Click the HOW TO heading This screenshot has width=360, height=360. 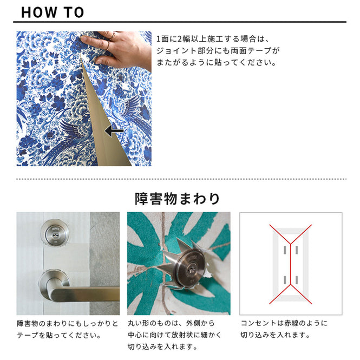53,12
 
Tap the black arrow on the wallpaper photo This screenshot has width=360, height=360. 114,131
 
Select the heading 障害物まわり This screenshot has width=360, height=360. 177,199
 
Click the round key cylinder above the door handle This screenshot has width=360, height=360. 55,234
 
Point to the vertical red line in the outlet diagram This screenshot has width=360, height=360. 291,264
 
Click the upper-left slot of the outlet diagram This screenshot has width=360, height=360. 285,250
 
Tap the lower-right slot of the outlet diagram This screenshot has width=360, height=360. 297,280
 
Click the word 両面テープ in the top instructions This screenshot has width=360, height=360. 251,51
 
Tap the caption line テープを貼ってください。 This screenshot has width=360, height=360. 59,335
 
